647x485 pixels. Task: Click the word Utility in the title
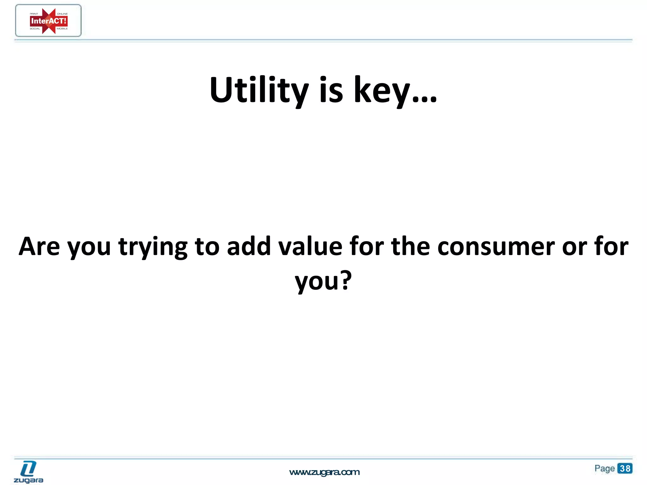click(x=259, y=90)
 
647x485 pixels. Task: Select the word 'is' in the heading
click(x=331, y=90)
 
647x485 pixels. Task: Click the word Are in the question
click(x=39, y=246)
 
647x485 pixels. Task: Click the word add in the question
click(x=249, y=246)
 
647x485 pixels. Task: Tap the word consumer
click(x=496, y=247)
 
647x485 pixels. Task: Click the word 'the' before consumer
click(x=410, y=246)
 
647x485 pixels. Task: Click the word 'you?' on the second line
click(x=323, y=281)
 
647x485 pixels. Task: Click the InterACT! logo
click(x=48, y=21)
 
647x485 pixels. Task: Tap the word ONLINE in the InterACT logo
click(x=62, y=14)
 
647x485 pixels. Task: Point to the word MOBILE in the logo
click(x=62, y=29)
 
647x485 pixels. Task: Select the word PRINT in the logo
click(x=34, y=14)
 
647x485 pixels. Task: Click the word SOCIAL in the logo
click(x=35, y=29)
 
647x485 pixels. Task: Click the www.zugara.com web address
click(x=324, y=472)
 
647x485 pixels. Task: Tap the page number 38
click(x=625, y=468)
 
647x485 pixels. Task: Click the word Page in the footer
click(x=604, y=468)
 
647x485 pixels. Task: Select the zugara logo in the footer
click(x=28, y=472)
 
